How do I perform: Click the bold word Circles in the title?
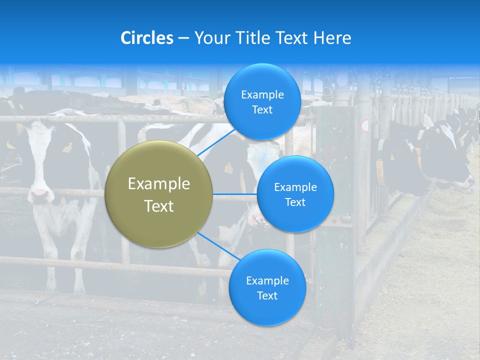(146, 38)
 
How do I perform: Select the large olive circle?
(159, 194)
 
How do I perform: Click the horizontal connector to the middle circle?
(235, 194)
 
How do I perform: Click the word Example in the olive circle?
(159, 184)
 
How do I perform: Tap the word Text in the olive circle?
(159, 206)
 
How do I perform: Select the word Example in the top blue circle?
(262, 95)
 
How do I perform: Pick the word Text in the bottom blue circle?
(267, 295)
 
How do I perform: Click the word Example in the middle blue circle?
(295, 187)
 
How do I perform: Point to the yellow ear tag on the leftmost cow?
(66, 147)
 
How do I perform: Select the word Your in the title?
(210, 38)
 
